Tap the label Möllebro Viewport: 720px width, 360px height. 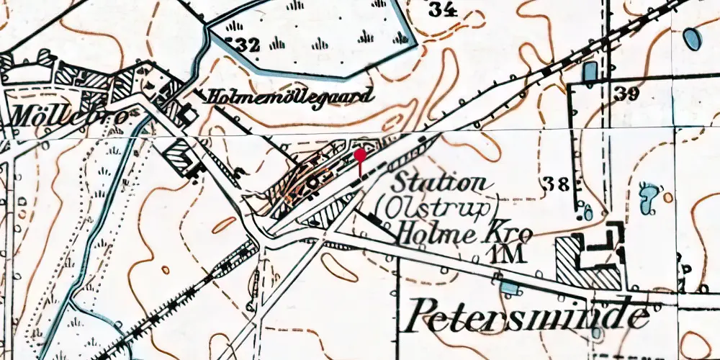click(68, 115)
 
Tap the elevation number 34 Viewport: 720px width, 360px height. click(443, 9)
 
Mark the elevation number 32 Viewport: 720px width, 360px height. click(243, 45)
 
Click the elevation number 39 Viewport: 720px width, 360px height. click(627, 93)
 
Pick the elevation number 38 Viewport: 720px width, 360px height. click(557, 183)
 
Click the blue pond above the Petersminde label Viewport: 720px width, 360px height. click(510, 289)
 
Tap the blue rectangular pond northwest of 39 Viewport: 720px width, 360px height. click(590, 71)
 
